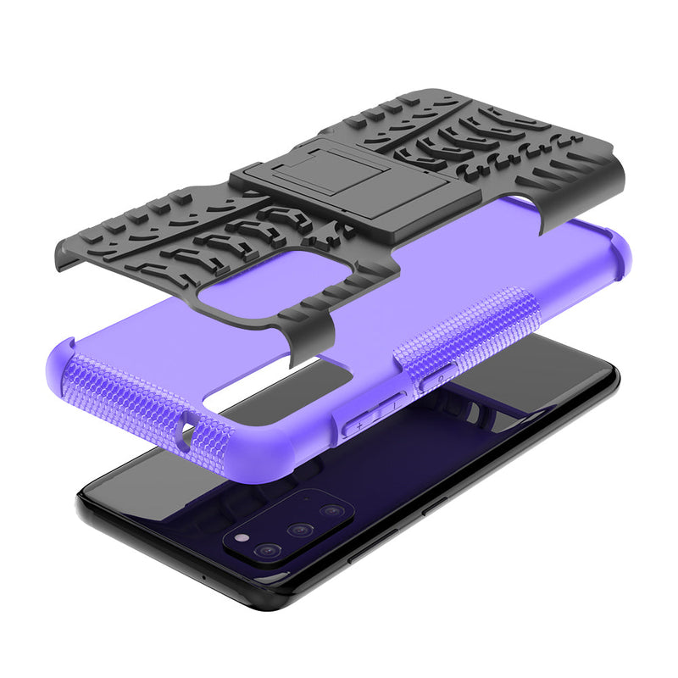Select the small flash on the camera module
coord(244,538)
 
